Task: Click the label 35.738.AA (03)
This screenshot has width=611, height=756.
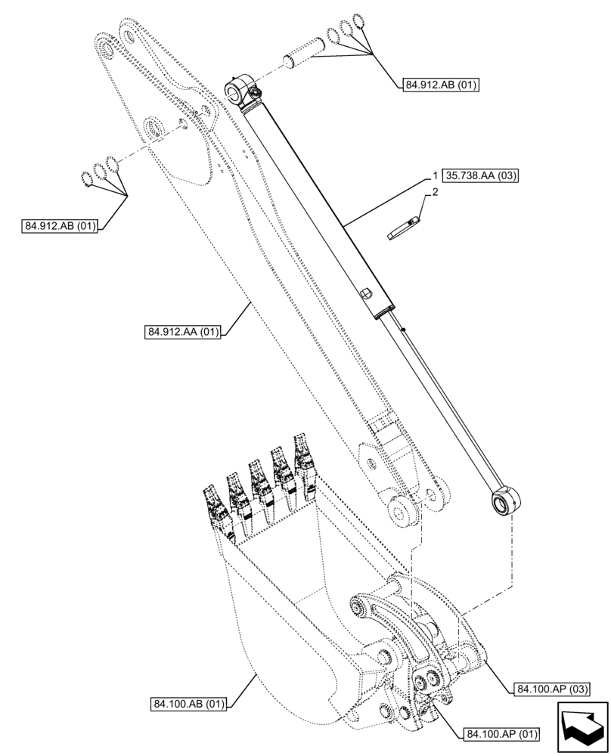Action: click(483, 177)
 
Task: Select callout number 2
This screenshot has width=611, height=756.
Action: click(435, 194)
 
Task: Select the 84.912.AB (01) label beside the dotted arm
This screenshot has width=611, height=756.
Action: click(60, 226)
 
